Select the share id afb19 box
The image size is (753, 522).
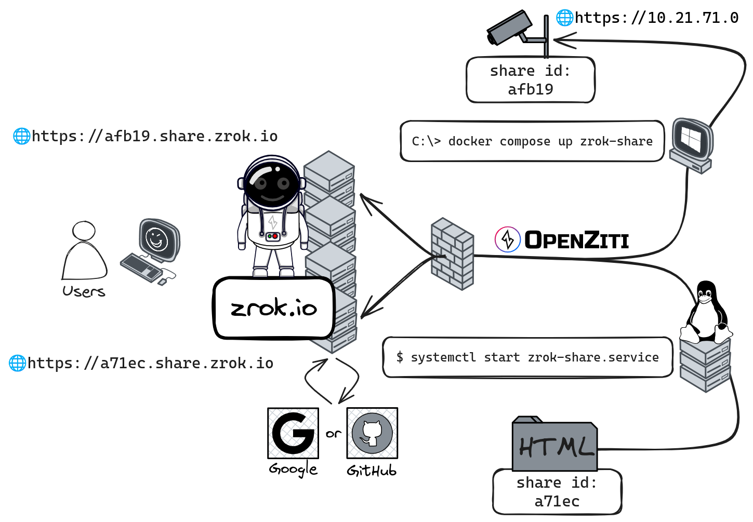(531, 80)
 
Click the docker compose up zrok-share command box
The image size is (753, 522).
(532, 141)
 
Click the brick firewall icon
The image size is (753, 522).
(452, 253)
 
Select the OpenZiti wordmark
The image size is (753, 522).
(576, 240)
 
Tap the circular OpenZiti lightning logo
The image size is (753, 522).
(507, 240)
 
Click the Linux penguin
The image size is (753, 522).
(706, 312)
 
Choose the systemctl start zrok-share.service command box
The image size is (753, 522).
(527, 357)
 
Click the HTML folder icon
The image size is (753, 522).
(554, 444)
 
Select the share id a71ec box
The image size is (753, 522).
(557, 492)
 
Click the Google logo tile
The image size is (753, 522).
(293, 433)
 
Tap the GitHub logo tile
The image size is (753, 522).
(372, 433)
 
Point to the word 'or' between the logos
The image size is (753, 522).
(333, 433)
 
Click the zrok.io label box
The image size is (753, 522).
(273, 308)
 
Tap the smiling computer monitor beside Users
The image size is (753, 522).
(158, 240)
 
